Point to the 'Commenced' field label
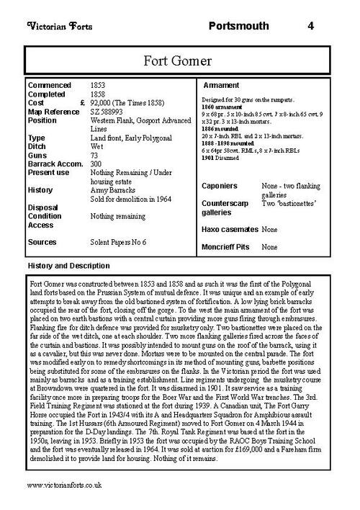(x=48, y=85)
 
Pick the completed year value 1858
(x=99, y=94)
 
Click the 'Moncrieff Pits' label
(x=223, y=246)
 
